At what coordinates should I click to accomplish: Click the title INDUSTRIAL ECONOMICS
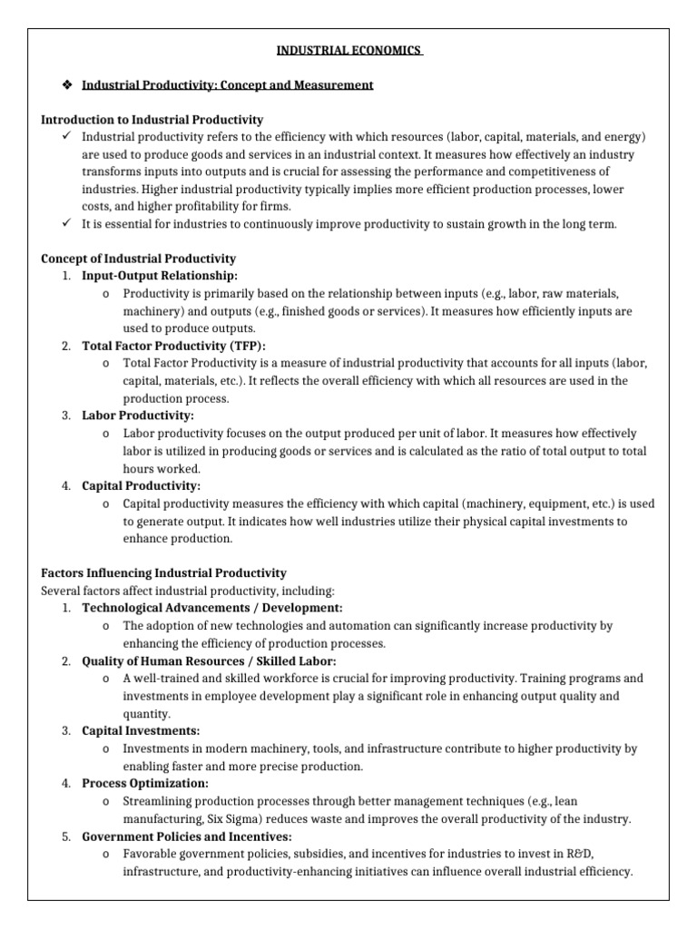point(348,51)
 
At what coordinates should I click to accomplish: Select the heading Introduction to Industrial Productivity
point(152,120)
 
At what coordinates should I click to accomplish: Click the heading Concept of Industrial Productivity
point(139,259)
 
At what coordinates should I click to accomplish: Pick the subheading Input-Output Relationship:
point(160,276)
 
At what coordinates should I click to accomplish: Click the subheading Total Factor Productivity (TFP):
point(174,346)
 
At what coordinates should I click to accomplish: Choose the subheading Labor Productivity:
point(138,415)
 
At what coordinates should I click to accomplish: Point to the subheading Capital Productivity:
point(142,485)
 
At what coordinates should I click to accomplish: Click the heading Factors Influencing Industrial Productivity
point(164,573)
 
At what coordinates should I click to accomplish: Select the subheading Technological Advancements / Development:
point(212,608)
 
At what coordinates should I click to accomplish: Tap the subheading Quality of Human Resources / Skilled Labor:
point(209,660)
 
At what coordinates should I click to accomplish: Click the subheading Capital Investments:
point(141,731)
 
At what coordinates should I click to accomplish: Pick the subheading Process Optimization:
point(145,783)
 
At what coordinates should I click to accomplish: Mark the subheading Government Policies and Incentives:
point(187,836)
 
